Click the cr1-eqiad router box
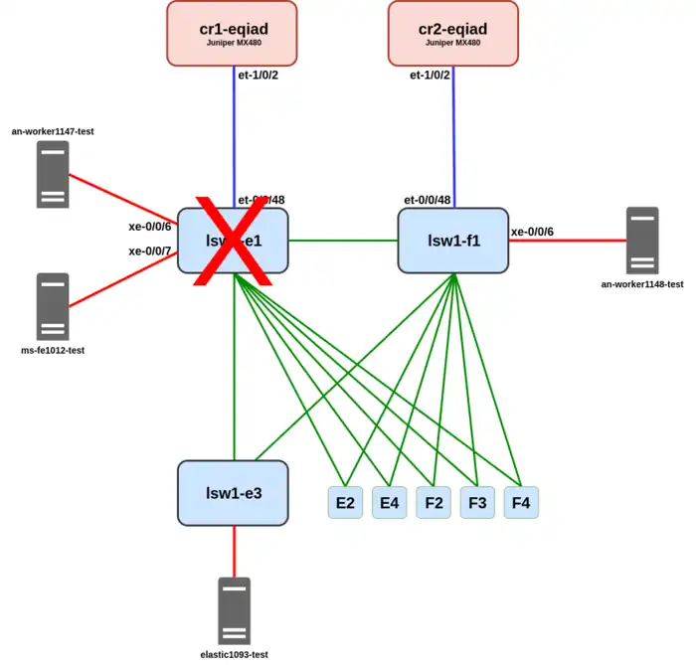232,33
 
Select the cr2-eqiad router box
453,33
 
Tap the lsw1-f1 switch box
453,240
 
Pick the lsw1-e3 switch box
234,493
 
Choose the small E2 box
345,503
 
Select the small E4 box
389,503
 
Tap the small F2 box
434,503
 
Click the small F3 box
477,503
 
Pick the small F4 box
521,503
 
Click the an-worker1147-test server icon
53,174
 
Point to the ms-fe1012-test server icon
53,306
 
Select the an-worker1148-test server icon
642,240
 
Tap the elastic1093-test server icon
235,610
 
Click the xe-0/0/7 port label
150,250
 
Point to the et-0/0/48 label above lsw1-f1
428,200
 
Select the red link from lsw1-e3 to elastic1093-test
235,551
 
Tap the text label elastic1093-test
235,654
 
